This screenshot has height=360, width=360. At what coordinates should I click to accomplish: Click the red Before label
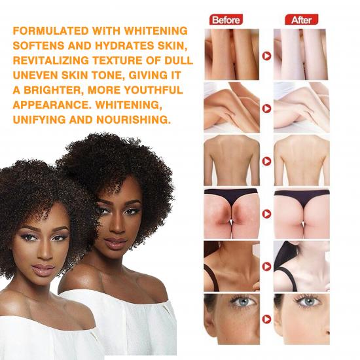pyautogui.click(x=226, y=20)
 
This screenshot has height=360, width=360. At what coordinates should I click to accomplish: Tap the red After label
pyautogui.click(x=301, y=20)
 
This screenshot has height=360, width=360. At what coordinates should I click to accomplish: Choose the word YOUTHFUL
pyautogui.click(x=151, y=90)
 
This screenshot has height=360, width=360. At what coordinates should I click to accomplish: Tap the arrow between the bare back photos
pyautogui.click(x=266, y=161)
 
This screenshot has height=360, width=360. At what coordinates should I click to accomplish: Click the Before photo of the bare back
pyautogui.click(x=231, y=160)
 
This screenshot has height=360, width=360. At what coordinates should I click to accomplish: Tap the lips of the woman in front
pyautogui.click(x=45, y=270)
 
